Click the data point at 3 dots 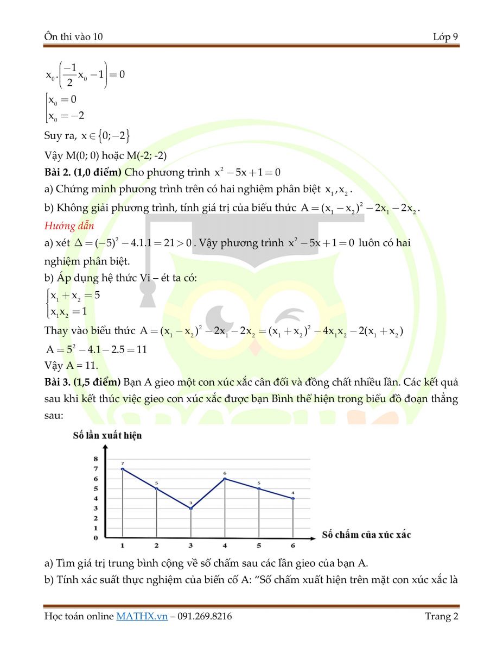click(191, 508)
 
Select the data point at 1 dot click(123, 469)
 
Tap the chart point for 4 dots click(225, 479)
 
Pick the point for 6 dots click(293, 498)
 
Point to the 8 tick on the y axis click(95, 459)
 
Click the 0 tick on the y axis click(95, 538)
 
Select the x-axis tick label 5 click(259, 546)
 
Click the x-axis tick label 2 click(157, 546)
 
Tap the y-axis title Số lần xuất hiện click(107, 436)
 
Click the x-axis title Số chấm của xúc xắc click(366, 535)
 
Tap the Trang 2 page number click(442, 616)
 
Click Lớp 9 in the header click(445, 37)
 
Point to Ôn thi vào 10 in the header click(74, 37)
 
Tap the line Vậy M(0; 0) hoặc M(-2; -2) click(105, 155)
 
